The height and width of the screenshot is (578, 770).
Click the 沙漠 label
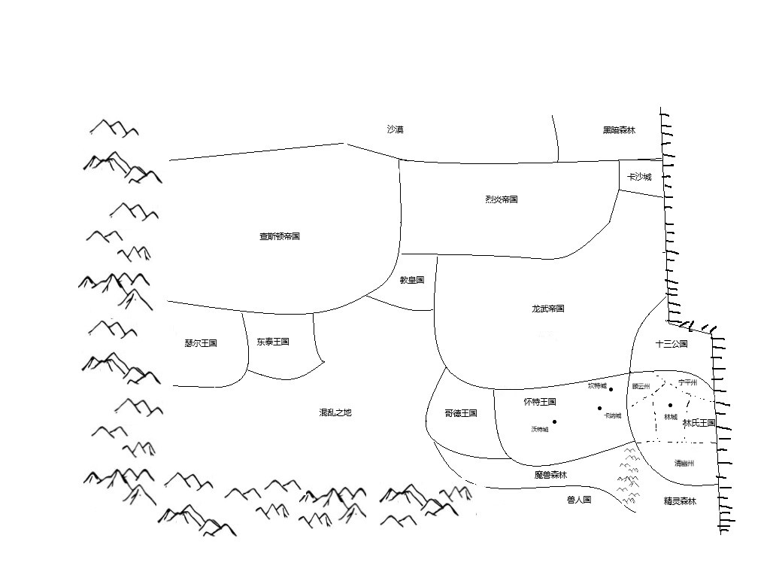pyautogui.click(x=395, y=129)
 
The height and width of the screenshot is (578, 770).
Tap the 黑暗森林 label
pyautogui.click(x=619, y=130)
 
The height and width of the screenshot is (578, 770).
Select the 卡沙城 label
pyautogui.click(x=639, y=177)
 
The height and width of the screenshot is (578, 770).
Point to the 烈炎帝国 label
pyautogui.click(x=502, y=199)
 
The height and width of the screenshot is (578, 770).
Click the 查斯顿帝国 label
pyautogui.click(x=280, y=236)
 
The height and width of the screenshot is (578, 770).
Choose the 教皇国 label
pyautogui.click(x=412, y=280)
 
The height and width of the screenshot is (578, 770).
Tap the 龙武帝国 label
pyautogui.click(x=547, y=309)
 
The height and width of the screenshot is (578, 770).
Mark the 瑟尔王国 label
pyautogui.click(x=200, y=343)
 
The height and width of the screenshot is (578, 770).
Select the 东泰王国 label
pyautogui.click(x=272, y=342)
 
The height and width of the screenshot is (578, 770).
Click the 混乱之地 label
pyautogui.click(x=335, y=412)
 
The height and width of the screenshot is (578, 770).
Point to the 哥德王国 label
pyautogui.click(x=461, y=413)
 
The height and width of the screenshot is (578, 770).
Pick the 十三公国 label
pyautogui.click(x=671, y=344)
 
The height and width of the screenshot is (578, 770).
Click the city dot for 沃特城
pyautogui.click(x=555, y=421)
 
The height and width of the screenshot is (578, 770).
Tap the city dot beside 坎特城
pyautogui.click(x=611, y=389)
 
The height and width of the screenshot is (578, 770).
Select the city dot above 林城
pyautogui.click(x=670, y=406)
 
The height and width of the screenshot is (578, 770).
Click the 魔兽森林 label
pyautogui.click(x=550, y=475)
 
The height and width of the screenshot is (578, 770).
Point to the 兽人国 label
pyautogui.click(x=579, y=499)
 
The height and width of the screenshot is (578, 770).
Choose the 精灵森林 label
pyautogui.click(x=680, y=501)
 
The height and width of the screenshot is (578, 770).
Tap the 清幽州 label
pyautogui.click(x=684, y=464)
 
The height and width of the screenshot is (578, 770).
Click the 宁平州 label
pyautogui.click(x=688, y=382)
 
